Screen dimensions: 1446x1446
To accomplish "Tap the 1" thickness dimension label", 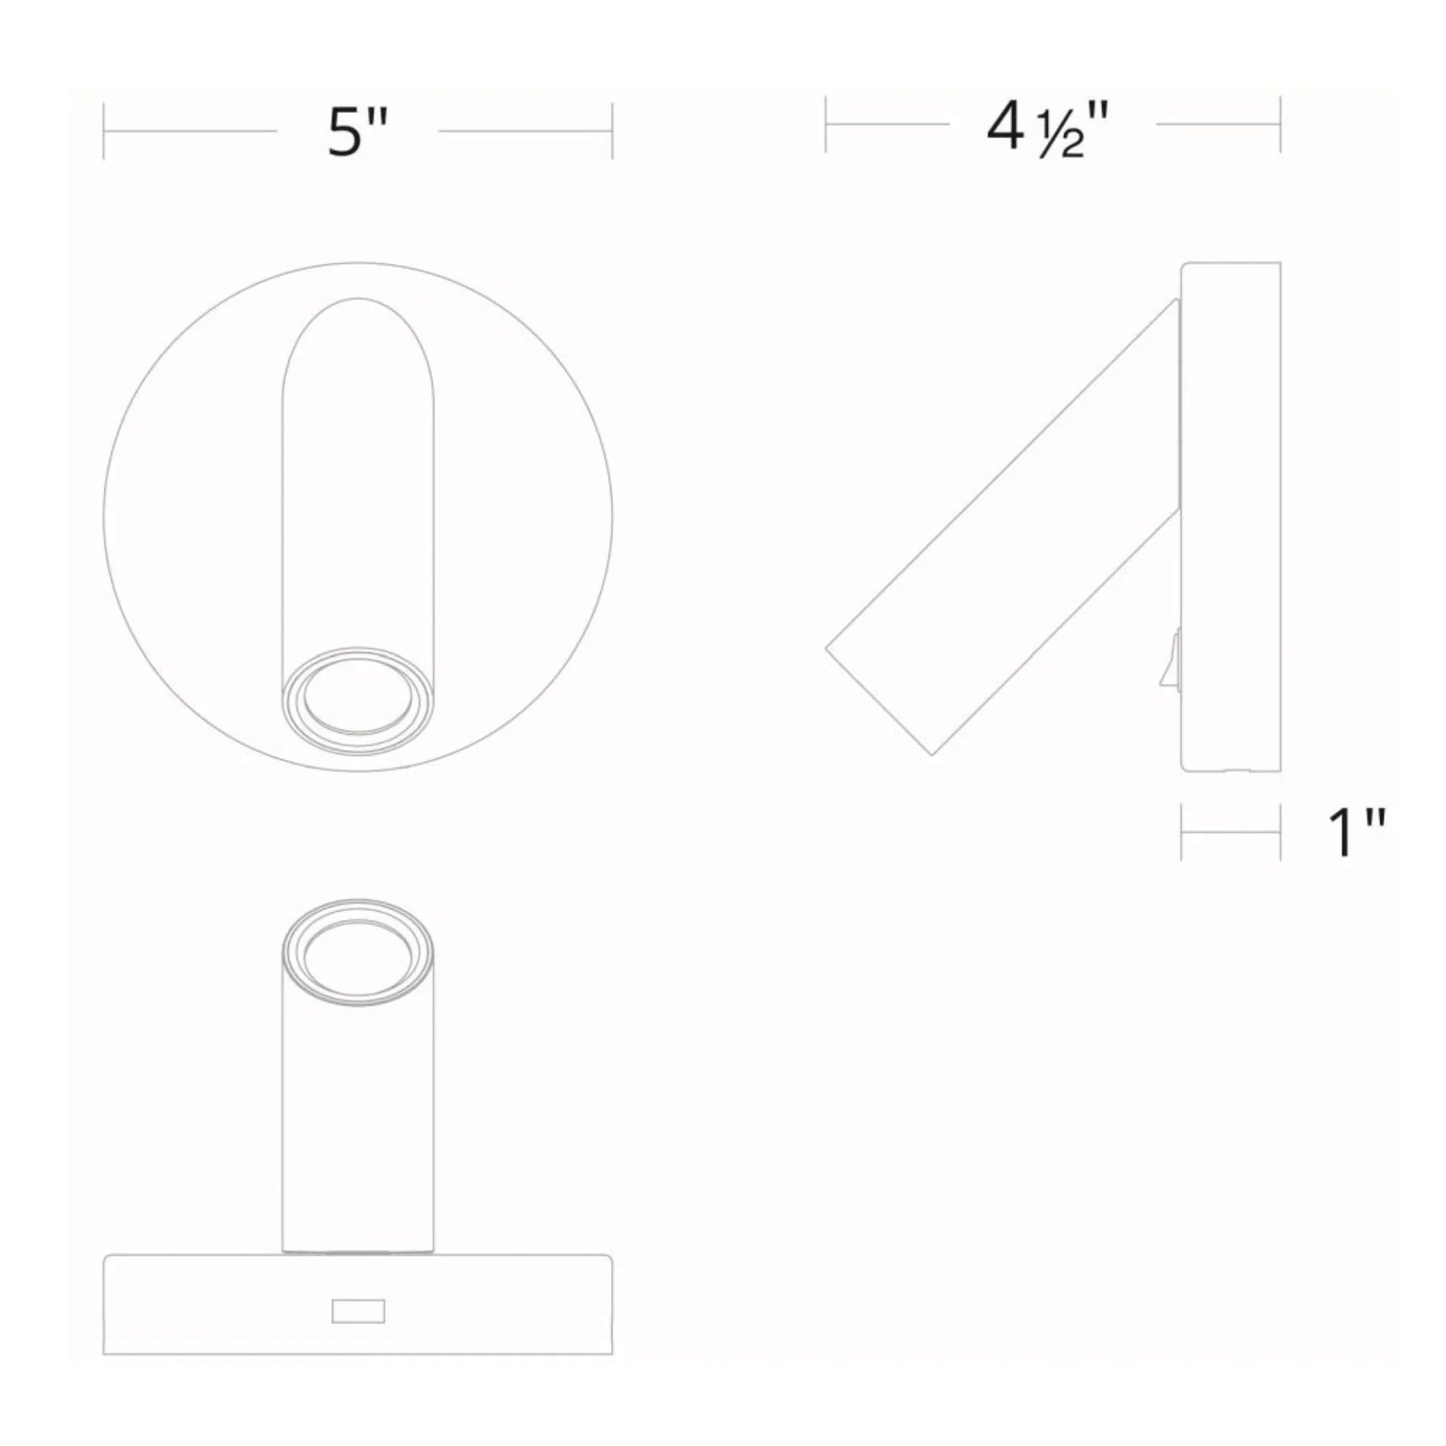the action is (x=1355, y=832).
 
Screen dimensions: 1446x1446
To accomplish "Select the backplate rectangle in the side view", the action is (x=1231, y=516).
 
